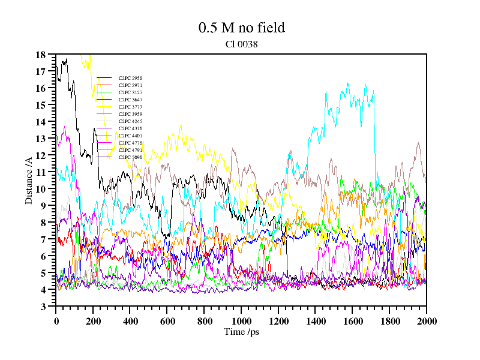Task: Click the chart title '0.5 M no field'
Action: point(241,28)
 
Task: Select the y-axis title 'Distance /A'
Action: point(29,179)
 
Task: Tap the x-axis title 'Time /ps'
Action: point(241,331)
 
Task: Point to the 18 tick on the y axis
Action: point(41,55)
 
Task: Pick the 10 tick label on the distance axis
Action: point(41,189)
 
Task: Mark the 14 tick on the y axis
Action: point(41,122)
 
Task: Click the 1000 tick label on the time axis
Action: point(241,321)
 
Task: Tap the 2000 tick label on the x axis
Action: point(426,321)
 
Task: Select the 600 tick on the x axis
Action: point(167,321)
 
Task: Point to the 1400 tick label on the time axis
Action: point(315,321)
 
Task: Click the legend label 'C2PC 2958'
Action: point(130,78)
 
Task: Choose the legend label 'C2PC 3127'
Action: point(130,92)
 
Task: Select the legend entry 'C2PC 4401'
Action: point(130,136)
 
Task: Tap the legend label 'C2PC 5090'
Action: point(130,157)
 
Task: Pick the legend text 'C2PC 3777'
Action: point(130,107)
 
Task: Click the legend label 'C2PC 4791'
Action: point(130,150)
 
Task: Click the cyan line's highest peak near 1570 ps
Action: point(347,83)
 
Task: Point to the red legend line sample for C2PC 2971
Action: point(104,85)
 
